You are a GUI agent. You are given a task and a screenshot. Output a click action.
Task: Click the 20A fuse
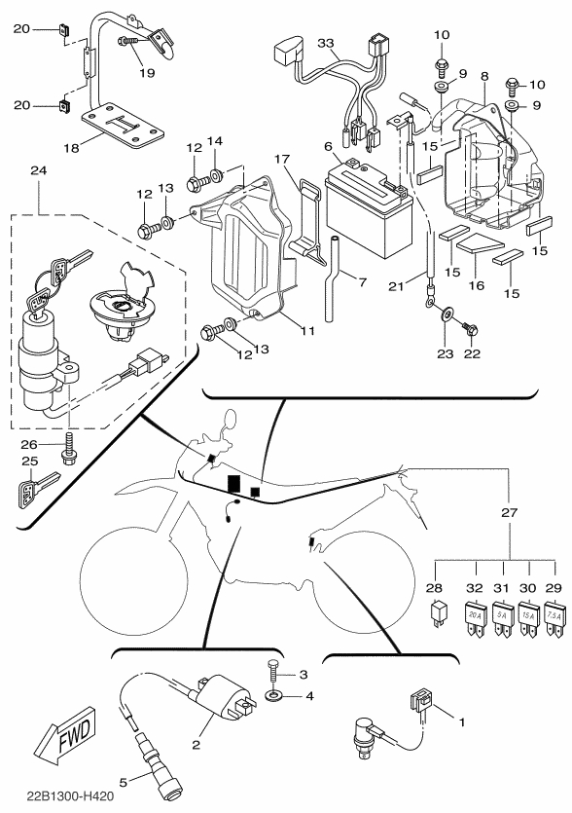475,619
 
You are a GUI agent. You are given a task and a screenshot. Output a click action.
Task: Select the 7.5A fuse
554,619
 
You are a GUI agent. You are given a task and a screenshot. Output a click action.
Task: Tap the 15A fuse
528,619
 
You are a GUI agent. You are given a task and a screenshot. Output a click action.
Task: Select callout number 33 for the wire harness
326,43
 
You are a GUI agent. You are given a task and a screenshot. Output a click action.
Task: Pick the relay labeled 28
437,615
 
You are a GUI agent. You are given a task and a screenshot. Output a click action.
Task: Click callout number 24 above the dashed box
39,170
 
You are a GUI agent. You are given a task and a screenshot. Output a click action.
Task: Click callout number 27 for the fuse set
510,513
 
